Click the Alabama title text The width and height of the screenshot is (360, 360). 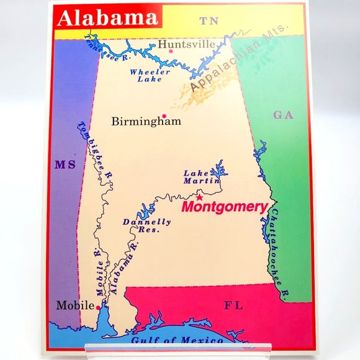[x=107, y=18]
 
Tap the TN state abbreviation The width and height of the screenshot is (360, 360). [x=209, y=22]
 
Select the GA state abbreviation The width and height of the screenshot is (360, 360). [x=282, y=115]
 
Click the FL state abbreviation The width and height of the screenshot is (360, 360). [x=234, y=305]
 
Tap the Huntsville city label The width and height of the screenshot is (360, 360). [x=186, y=44]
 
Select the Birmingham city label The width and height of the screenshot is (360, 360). [x=146, y=122]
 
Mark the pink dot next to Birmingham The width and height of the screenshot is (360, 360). [x=164, y=116]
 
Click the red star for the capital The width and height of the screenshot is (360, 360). [x=199, y=198]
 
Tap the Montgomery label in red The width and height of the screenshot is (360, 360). [x=224, y=207]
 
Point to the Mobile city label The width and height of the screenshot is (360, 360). [x=75, y=305]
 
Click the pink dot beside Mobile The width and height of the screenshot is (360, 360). [x=98, y=307]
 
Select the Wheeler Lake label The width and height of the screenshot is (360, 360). [x=150, y=75]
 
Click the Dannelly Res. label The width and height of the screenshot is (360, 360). [x=146, y=225]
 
